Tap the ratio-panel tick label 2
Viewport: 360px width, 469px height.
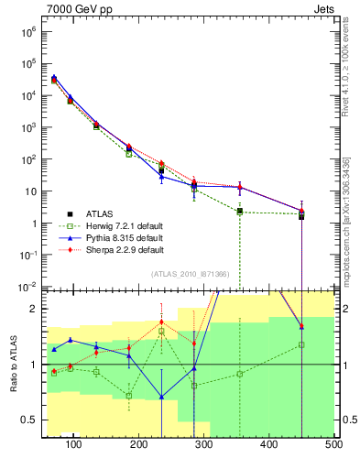(33, 310)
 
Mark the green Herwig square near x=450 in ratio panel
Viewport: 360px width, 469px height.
(301, 344)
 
